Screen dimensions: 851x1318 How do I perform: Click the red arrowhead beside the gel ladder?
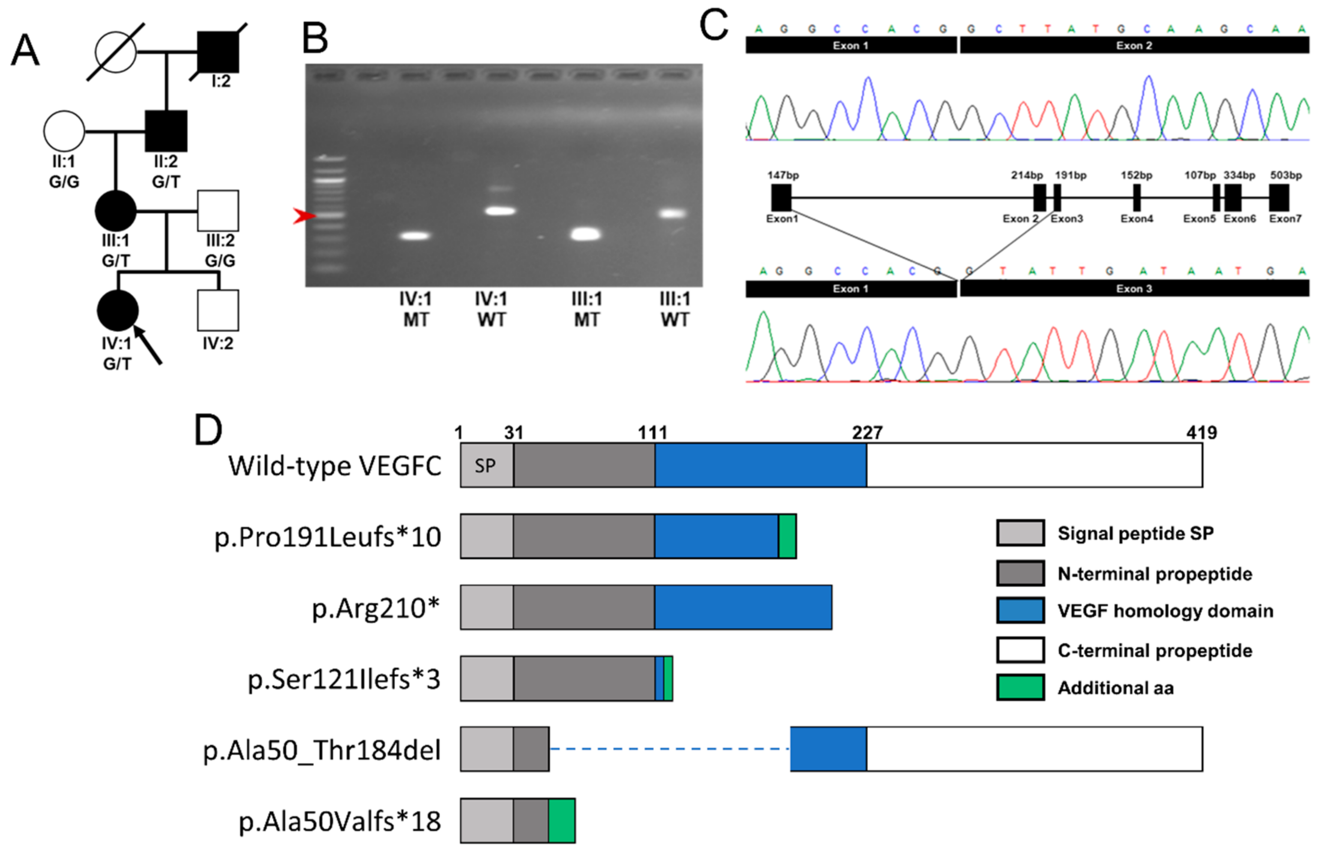(x=303, y=216)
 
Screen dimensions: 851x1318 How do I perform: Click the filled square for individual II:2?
(x=166, y=131)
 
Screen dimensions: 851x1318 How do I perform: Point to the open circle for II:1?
(x=64, y=131)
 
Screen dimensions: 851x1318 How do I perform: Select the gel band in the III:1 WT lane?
(x=673, y=213)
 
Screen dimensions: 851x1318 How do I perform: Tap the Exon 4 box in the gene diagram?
(x=1136, y=197)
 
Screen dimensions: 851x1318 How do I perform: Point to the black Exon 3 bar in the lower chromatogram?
(x=1134, y=289)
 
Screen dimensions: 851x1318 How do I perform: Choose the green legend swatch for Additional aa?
(x=1020, y=687)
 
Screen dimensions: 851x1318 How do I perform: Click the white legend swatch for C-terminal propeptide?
(x=1020, y=650)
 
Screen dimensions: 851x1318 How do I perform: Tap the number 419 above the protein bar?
(x=1201, y=432)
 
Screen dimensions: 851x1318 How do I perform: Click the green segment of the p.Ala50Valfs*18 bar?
(x=561, y=820)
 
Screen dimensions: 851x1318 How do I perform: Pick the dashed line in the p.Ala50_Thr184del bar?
(x=669, y=749)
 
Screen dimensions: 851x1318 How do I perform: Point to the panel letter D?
(x=208, y=430)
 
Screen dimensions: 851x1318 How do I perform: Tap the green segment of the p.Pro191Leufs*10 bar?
(x=787, y=536)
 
